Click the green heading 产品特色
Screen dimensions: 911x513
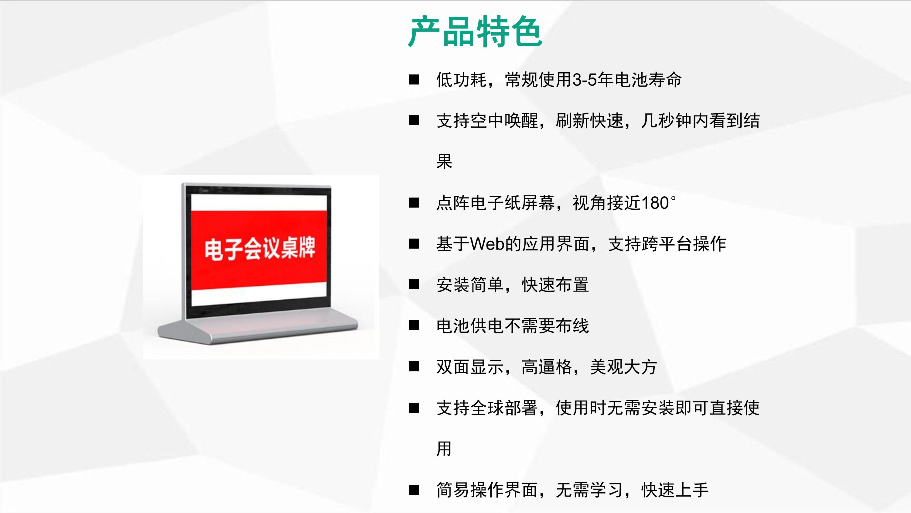click(475, 32)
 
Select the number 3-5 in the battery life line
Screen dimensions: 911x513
click(585, 80)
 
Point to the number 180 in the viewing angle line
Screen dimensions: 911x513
click(655, 203)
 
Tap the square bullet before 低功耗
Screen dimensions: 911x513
click(414, 80)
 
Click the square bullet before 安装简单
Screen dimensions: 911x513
click(414, 285)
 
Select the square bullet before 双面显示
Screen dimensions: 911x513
click(414, 367)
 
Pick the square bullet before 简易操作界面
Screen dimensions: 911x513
click(414, 490)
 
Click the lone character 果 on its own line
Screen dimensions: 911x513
click(444, 162)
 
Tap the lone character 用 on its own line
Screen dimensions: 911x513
click(444, 449)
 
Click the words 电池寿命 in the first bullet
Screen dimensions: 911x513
click(648, 80)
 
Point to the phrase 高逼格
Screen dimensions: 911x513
click(547, 367)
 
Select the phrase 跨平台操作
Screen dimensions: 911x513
click(684, 244)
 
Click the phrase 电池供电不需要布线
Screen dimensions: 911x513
click(513, 326)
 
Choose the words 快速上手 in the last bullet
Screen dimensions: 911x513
click(675, 490)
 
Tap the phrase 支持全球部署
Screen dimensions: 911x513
click(487, 408)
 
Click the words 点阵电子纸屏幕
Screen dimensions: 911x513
click(496, 203)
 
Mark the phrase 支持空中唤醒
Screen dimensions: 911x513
click(487, 121)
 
